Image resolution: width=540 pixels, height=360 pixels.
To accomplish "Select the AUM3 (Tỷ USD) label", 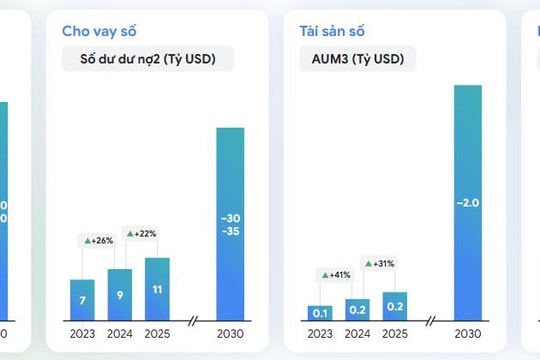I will pyautogui.click(x=357, y=59).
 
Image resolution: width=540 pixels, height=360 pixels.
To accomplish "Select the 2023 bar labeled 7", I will pyautogui.click(x=82, y=300).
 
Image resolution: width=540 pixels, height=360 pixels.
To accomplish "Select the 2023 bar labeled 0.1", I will pyautogui.click(x=320, y=313).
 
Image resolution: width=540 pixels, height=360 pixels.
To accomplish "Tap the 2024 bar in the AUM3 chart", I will pyautogui.click(x=358, y=310).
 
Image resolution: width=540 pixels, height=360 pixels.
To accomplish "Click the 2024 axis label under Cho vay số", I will pyautogui.click(x=120, y=334).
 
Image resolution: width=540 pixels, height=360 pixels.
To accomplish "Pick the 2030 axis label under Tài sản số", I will pyautogui.click(x=468, y=334).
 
